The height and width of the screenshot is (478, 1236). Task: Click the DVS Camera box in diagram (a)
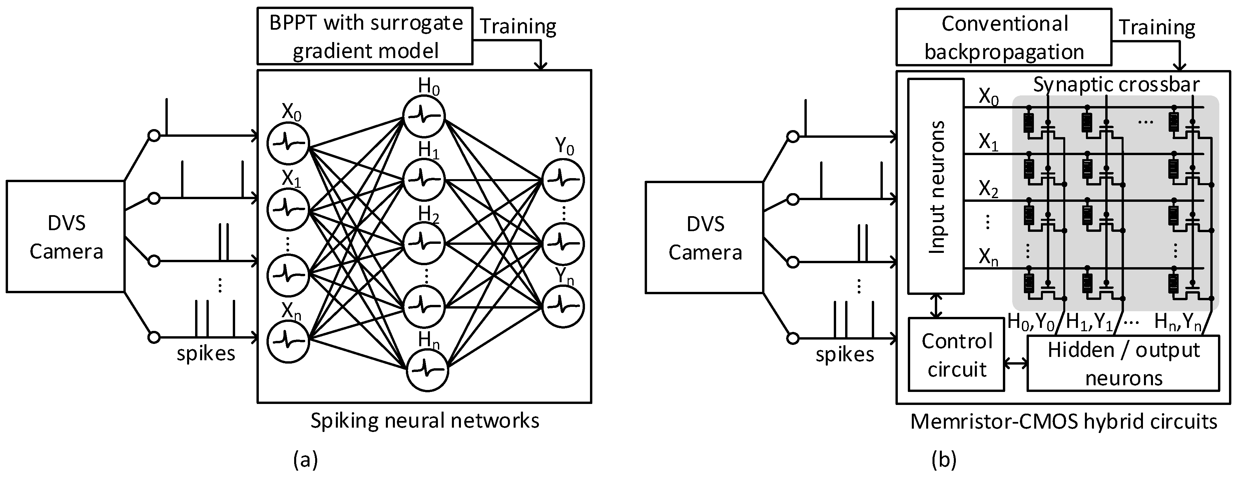66,236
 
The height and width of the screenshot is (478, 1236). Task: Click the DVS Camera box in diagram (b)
704,237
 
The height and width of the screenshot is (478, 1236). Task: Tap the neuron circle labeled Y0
563,180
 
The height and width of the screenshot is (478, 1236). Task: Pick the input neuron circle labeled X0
288,142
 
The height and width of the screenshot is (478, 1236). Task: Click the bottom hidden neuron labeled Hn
427,370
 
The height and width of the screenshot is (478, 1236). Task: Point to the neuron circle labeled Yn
563,307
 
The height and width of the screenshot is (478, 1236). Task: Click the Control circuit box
956,355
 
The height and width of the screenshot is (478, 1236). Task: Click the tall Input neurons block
936,186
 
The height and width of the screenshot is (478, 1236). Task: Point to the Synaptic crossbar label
1116,84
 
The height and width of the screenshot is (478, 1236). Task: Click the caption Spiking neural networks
425,420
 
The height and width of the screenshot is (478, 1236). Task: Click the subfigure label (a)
305,459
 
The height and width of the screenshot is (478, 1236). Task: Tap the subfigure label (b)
944,459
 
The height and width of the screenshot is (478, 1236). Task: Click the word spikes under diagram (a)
206,353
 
